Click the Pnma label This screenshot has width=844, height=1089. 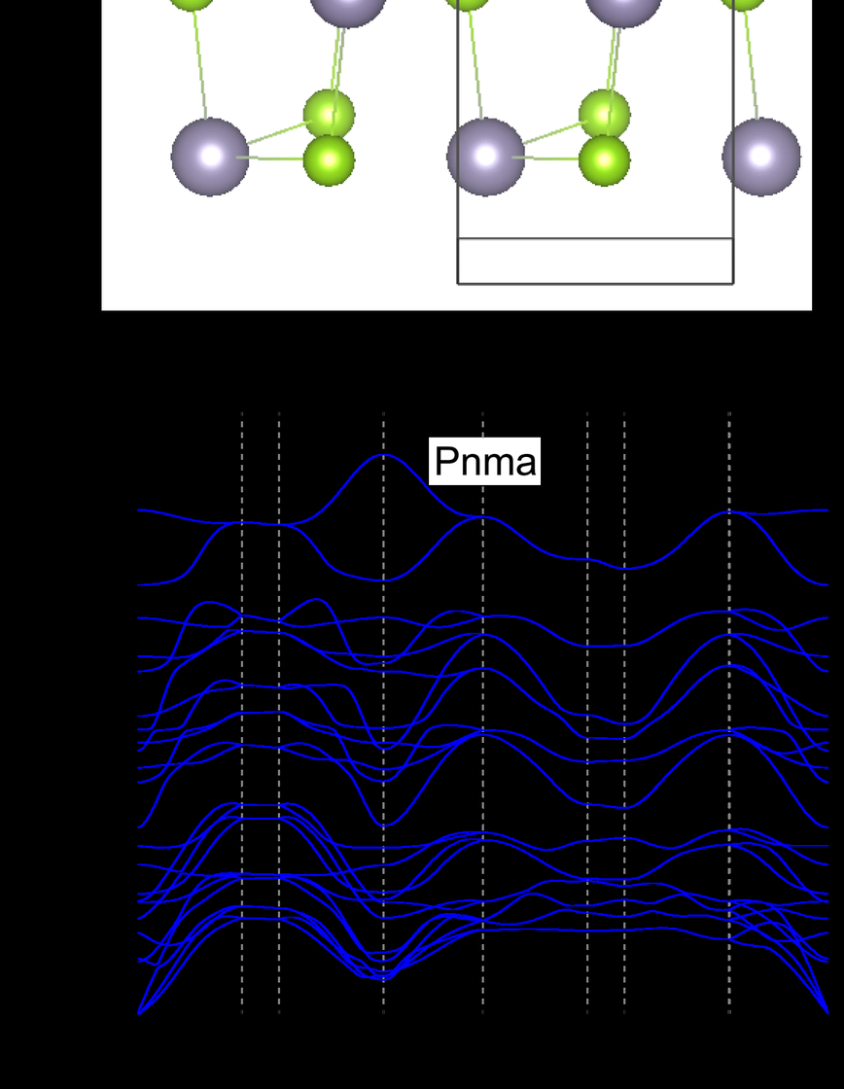click(x=484, y=461)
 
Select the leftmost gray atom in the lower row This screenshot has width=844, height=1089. click(x=210, y=157)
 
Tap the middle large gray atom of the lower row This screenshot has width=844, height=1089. click(x=486, y=157)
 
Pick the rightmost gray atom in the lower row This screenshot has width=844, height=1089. click(x=761, y=157)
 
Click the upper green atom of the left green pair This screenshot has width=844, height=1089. click(x=329, y=115)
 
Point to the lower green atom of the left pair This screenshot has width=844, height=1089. click(x=329, y=158)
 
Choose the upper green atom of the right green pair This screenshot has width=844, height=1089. click(x=604, y=115)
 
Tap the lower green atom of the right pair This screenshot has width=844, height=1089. click(x=604, y=158)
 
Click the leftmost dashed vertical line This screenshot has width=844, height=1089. click(x=242, y=681)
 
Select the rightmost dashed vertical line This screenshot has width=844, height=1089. click(x=729, y=681)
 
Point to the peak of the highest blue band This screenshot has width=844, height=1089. click(x=383, y=455)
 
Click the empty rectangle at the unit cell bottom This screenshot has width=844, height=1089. click(x=595, y=261)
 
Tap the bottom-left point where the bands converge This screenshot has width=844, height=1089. click(x=140, y=1012)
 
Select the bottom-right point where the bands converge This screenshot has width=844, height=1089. click(x=827, y=1009)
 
